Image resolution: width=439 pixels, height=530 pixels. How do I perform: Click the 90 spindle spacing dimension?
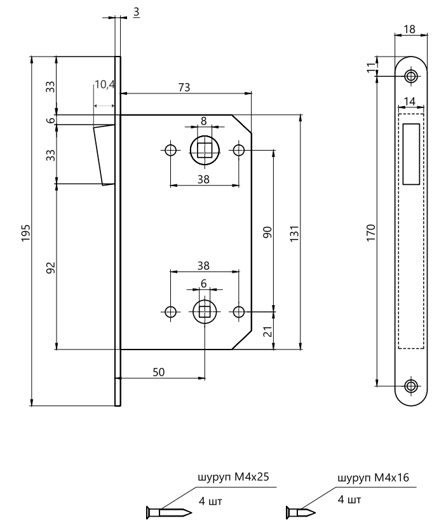pyautogui.click(x=267, y=232)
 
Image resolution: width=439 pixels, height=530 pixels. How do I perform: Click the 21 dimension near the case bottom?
pyautogui.click(x=267, y=330)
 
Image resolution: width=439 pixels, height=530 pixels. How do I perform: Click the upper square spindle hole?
pyautogui.click(x=205, y=151)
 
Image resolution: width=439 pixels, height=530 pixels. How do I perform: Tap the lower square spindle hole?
pyautogui.click(x=205, y=311)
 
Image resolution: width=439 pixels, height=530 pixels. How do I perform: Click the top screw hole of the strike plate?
pyautogui.click(x=411, y=76)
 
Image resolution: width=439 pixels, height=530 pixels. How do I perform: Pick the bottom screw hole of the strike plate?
pyautogui.click(x=411, y=385)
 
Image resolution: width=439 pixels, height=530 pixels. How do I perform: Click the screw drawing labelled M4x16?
pyautogui.click(x=299, y=509)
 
